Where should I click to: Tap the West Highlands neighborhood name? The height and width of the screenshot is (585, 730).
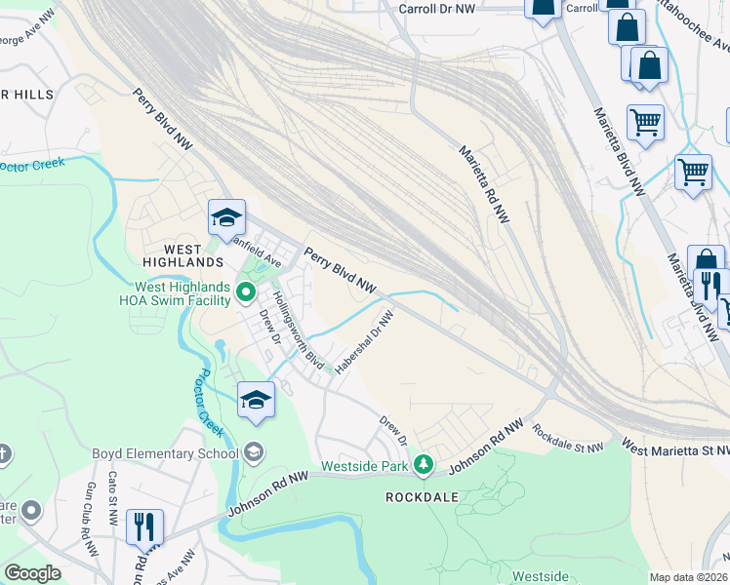tap(183, 255)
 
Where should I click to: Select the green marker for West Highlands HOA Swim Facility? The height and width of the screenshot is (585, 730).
tap(246, 291)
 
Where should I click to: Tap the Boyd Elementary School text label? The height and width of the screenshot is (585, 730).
tap(165, 452)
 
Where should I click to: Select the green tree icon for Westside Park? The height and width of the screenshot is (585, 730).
tap(423, 464)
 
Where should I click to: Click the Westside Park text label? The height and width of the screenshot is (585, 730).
tap(364, 466)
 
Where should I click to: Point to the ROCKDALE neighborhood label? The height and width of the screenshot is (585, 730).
tap(422, 496)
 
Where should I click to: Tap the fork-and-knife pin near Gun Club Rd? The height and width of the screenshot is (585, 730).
tap(144, 527)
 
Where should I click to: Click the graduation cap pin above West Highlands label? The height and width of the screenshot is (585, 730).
tap(226, 217)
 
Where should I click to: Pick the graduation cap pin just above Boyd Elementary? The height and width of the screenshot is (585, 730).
tap(257, 400)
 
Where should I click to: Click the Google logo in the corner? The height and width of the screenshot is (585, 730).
tap(32, 573)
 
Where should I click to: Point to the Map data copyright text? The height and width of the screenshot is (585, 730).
tap(688, 577)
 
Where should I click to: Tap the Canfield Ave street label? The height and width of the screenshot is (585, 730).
tap(256, 256)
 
